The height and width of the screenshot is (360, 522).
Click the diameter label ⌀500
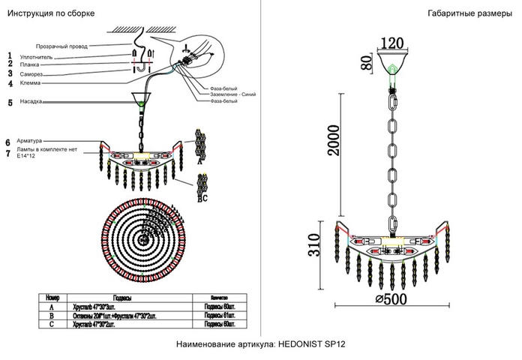pyautogui.click(x=393, y=298)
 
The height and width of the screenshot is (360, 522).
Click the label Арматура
pyautogui.click(x=34, y=140)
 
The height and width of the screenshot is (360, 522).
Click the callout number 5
pyautogui.click(x=10, y=102)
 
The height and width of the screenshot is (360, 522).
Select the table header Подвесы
pyautogui.click(x=123, y=298)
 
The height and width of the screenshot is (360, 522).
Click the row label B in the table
pyautogui.click(x=51, y=315)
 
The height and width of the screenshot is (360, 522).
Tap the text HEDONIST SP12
pyautogui.click(x=309, y=346)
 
